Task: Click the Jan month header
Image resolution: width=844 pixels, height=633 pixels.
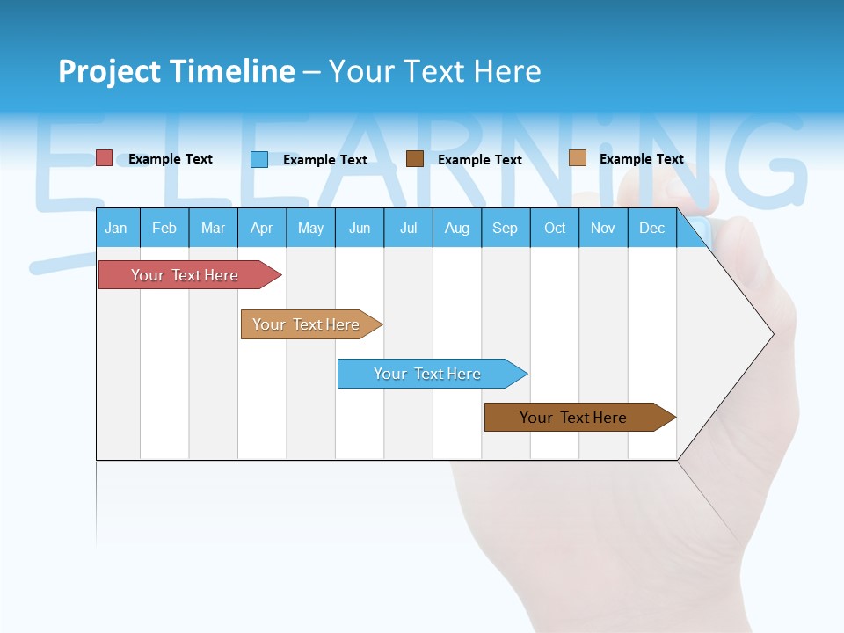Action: point(116,228)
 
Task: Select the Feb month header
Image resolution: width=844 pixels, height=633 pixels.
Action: point(164,228)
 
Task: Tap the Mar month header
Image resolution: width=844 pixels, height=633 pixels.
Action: point(213,228)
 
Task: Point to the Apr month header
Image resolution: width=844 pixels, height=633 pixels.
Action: point(262,228)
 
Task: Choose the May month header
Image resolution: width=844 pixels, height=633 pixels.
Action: point(310,228)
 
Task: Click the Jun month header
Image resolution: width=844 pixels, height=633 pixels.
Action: point(360,228)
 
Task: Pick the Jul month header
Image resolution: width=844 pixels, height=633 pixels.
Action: point(408,228)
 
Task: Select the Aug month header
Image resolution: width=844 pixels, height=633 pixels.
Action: point(457,228)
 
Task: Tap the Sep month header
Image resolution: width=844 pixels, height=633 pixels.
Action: point(506,228)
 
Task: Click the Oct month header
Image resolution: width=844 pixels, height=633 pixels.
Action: point(555,228)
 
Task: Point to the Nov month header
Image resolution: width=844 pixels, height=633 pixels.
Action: point(603,228)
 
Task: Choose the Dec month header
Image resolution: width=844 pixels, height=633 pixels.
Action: point(652,228)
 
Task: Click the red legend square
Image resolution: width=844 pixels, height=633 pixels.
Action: point(105,158)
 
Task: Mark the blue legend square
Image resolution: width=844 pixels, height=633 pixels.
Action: point(259,159)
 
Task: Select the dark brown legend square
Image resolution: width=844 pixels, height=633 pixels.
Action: point(415,159)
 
